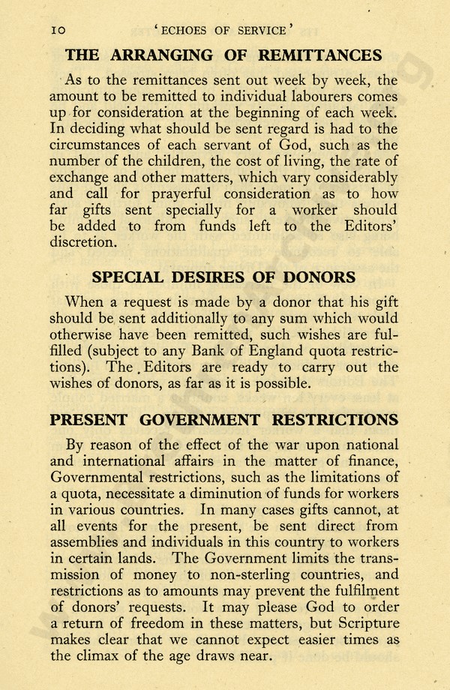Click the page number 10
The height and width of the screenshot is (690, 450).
click(x=59, y=31)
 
